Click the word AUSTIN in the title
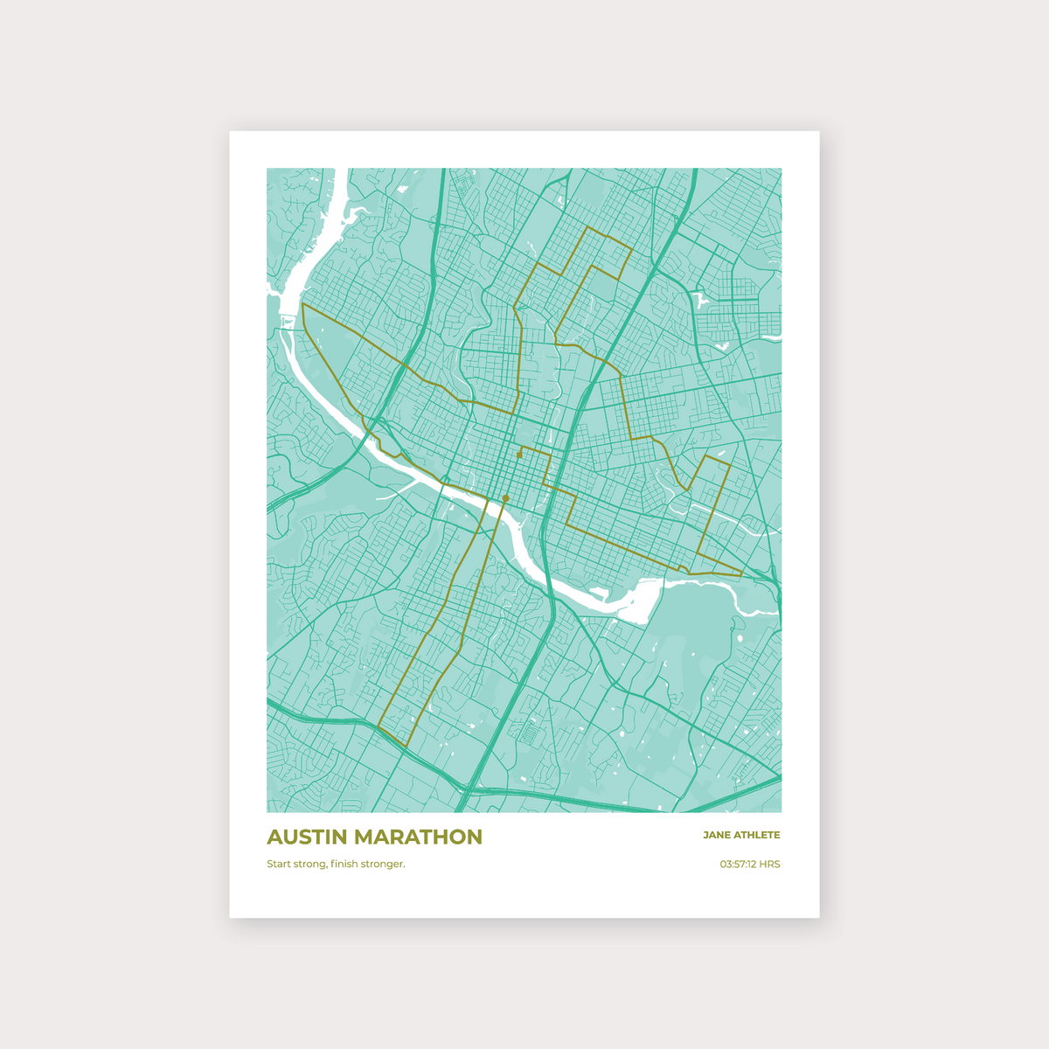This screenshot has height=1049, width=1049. click(305, 837)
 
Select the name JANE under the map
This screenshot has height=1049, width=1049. click(716, 835)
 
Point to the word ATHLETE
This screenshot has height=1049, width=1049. click(757, 835)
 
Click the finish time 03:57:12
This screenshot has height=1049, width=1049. click(738, 865)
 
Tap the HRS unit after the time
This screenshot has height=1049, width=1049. click(769, 865)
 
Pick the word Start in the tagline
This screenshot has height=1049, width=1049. click(280, 865)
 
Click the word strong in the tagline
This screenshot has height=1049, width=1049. click(311, 865)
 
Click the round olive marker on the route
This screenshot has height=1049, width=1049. click(505, 498)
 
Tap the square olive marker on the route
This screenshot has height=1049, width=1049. click(519, 455)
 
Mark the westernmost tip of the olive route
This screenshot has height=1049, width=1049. click(302, 305)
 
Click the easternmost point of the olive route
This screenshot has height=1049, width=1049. click(742, 573)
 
